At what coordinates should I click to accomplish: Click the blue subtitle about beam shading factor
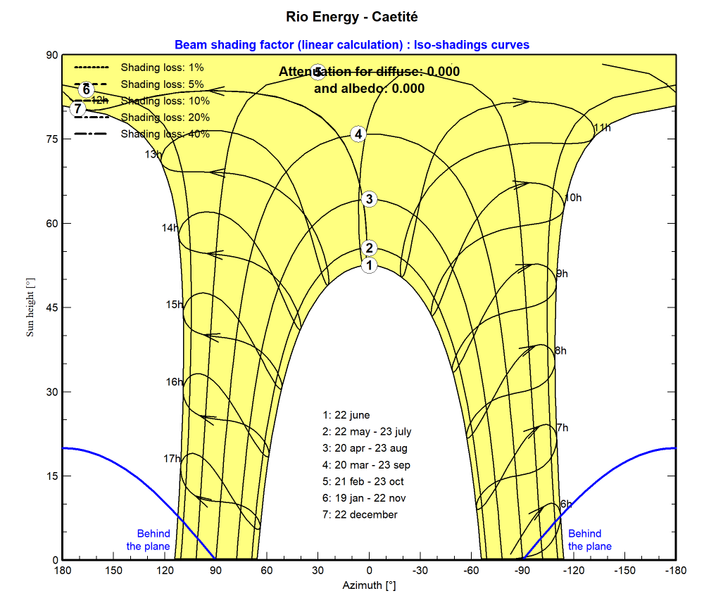point(352,45)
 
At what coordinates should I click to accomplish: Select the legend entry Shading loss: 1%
point(162,68)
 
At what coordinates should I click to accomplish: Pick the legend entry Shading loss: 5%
point(162,84)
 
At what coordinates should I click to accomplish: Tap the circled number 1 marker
point(369,265)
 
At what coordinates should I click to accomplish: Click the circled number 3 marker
point(369,199)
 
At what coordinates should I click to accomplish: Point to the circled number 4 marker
point(358,134)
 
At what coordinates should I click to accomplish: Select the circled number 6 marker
point(86,89)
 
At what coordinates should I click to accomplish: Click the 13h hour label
point(153,154)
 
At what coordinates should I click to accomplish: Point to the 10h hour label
point(574,198)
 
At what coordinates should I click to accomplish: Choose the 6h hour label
point(567,504)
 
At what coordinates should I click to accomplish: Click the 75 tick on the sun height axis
point(51,139)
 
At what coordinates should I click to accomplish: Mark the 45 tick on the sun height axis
point(51,307)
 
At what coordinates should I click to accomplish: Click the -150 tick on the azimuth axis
point(624,571)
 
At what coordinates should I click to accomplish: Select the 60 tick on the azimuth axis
point(267,571)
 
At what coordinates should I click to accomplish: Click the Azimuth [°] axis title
point(369,585)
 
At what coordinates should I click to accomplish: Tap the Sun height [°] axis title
point(30,307)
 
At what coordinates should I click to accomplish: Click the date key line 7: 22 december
point(360,515)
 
